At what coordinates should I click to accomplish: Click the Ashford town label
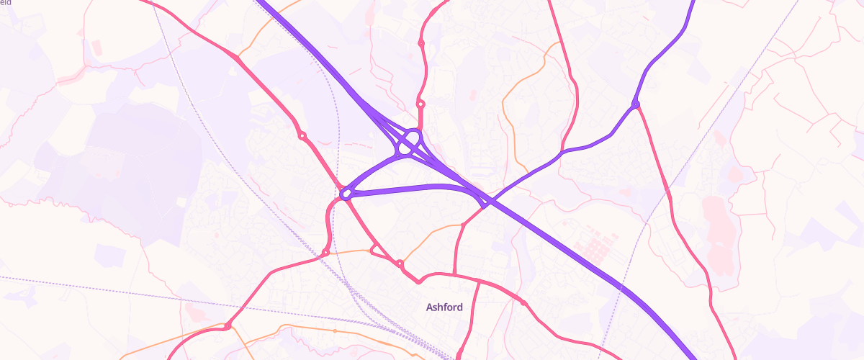pos(444,307)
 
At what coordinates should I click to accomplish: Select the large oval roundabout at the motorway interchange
pos(408,142)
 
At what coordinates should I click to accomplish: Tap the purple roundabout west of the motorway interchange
pos(346,193)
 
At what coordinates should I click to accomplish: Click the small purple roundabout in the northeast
pos(635,106)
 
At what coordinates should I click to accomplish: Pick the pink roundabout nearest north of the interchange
pos(420,104)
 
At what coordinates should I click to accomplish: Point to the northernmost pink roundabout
pos(421,44)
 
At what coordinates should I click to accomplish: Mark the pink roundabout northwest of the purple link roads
pos(302,135)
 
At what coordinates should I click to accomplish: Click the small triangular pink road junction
pos(375,251)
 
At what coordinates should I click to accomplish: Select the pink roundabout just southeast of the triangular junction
pos(400,264)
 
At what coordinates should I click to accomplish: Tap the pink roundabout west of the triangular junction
pos(326,253)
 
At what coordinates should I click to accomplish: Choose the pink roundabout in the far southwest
pos(227,327)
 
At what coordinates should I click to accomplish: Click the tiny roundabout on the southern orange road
pos(335,330)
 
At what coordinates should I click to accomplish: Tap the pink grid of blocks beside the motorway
pos(597,245)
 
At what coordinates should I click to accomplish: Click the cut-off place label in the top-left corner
pos(6,3)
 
